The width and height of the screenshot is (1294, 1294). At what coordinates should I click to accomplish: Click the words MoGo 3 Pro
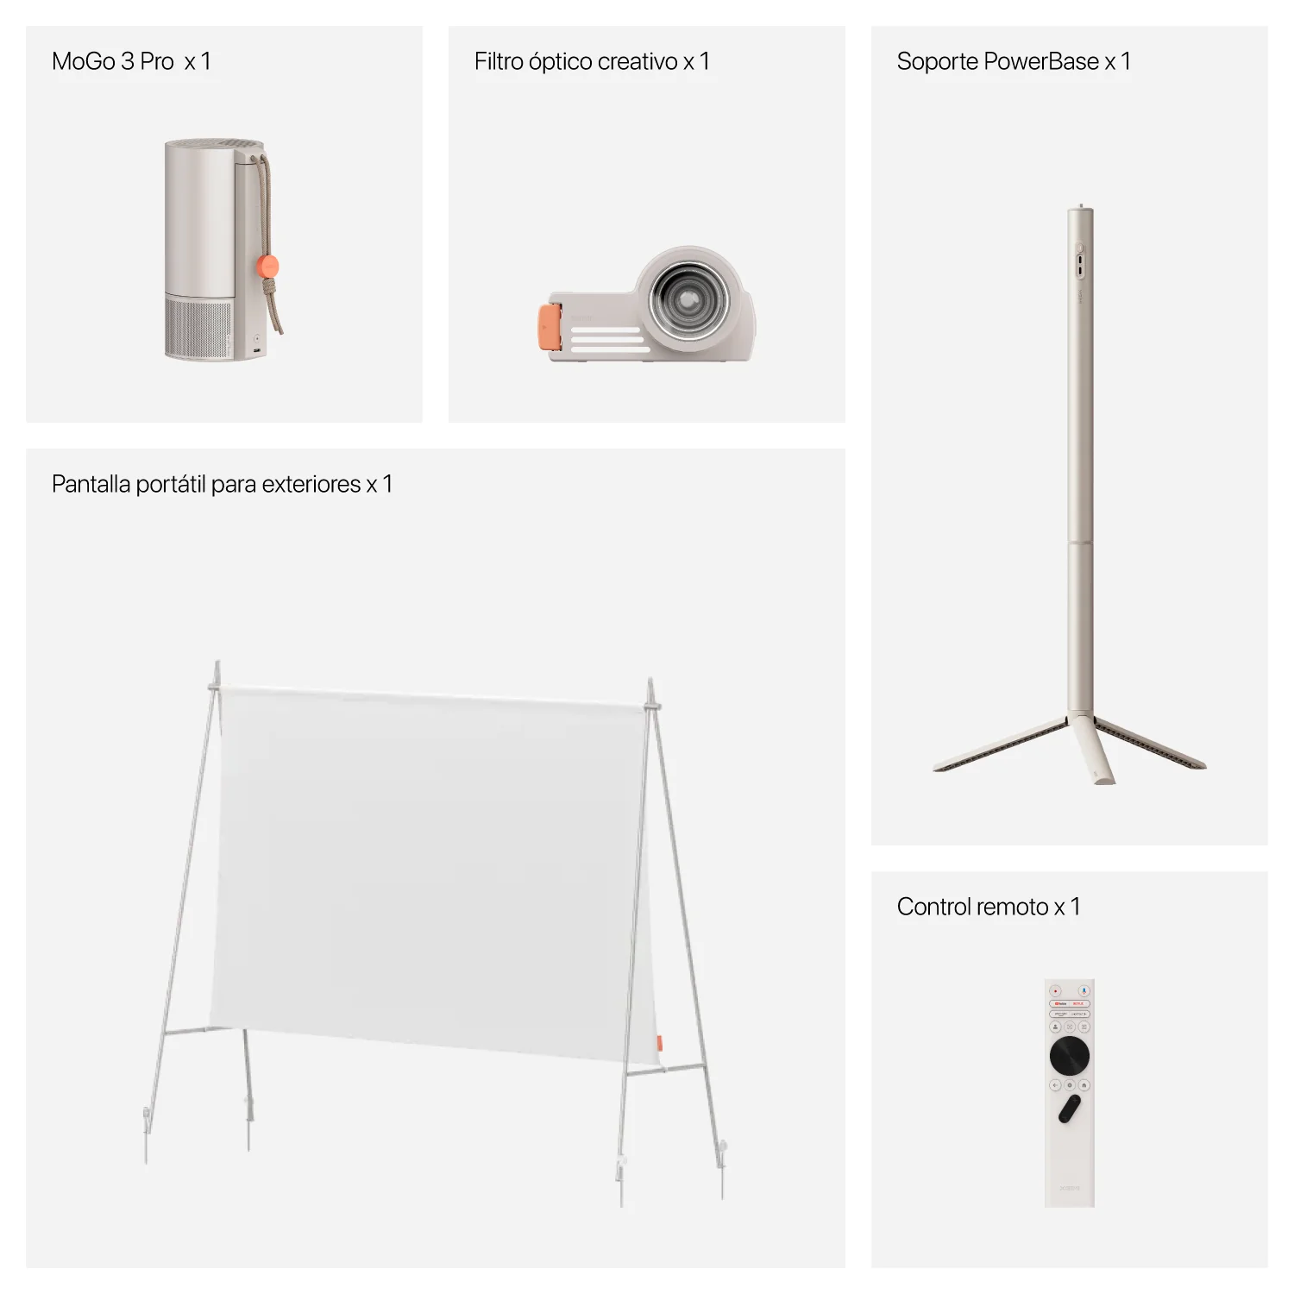click(113, 62)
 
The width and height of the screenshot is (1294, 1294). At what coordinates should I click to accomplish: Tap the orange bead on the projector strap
click(268, 266)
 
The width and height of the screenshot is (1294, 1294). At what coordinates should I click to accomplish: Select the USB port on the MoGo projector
click(257, 350)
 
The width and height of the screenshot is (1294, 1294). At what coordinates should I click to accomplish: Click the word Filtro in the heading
click(499, 62)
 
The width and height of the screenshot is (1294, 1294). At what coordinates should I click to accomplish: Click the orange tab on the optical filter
click(550, 328)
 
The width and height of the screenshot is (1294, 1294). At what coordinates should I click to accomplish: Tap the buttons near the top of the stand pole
click(1079, 261)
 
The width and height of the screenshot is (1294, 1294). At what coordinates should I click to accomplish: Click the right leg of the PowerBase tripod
click(1148, 741)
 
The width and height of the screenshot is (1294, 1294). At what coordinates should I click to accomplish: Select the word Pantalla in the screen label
click(91, 485)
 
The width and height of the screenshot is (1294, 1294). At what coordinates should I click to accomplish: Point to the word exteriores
click(311, 485)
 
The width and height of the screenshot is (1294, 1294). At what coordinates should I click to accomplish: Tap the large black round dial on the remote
click(1070, 1056)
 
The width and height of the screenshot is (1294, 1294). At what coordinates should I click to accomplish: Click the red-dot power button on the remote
click(1055, 991)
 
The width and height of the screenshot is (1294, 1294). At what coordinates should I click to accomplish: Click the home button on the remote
click(1084, 1085)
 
